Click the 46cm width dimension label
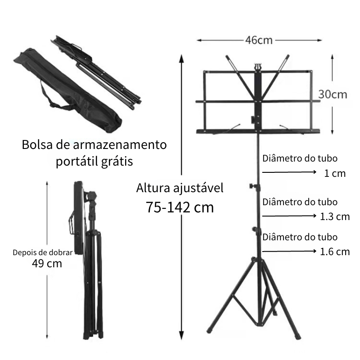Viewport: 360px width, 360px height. (259, 40)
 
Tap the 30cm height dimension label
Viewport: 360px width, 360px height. (333, 94)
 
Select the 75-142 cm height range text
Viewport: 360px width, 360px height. (180, 207)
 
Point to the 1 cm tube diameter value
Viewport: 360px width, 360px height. (335, 173)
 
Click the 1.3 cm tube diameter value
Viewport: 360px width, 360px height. (335, 216)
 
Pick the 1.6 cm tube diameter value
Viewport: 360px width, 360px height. (335, 252)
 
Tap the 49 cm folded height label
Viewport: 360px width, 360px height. (47, 263)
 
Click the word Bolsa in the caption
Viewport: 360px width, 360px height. (37, 144)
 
